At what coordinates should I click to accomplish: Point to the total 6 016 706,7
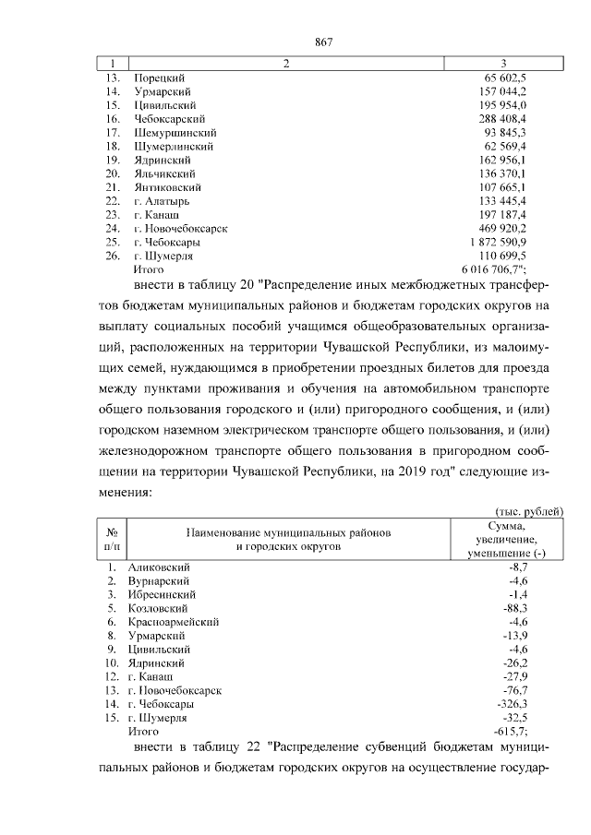pos(496,268)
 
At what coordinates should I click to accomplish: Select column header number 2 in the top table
pos(286,64)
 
